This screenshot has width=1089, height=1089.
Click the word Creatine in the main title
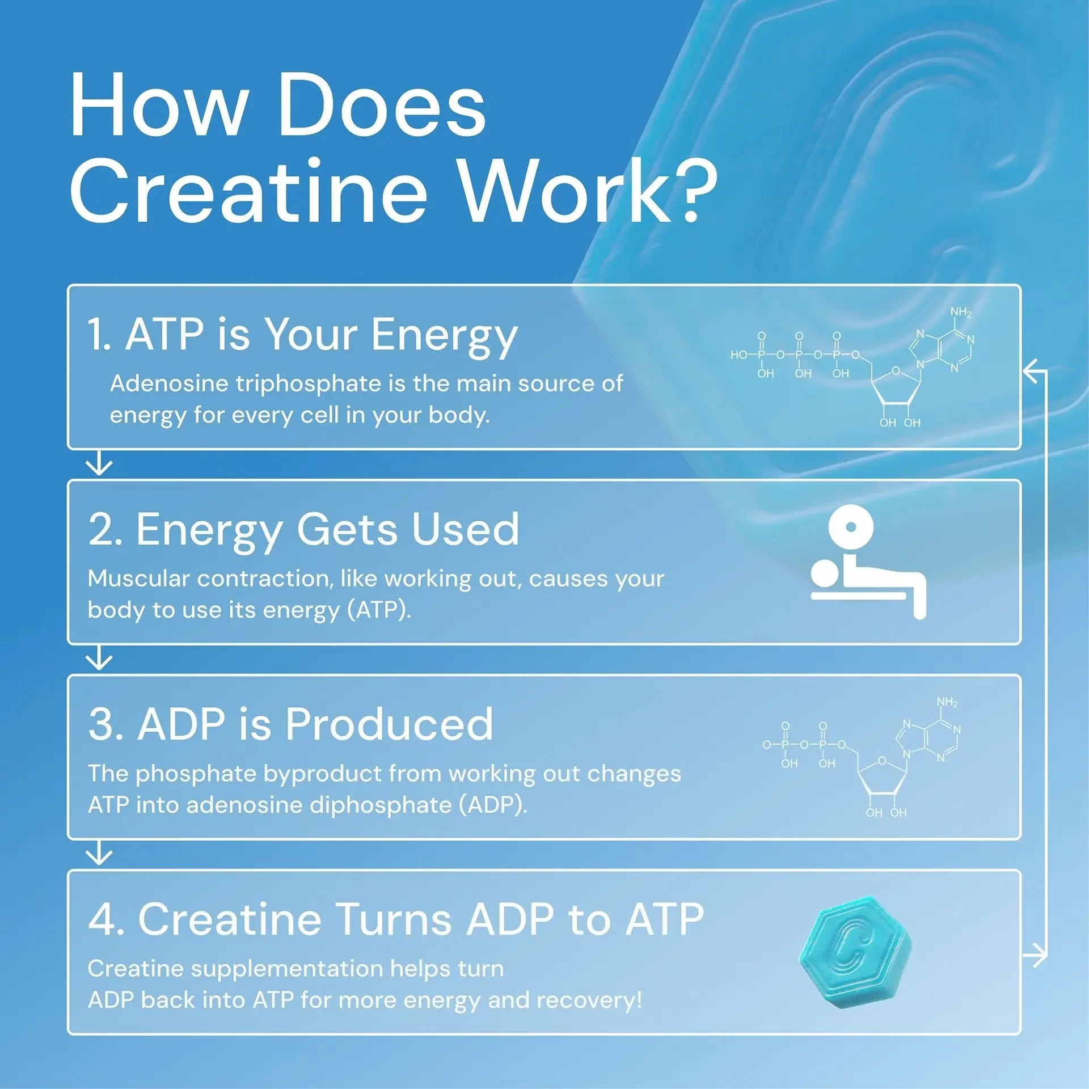(248, 190)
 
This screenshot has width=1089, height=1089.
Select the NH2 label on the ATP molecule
(961, 313)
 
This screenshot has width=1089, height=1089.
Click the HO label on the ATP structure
(739, 355)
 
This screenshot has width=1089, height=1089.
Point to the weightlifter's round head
(825, 572)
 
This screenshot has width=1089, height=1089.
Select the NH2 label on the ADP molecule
(947, 702)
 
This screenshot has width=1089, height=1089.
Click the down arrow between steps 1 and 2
(99, 464)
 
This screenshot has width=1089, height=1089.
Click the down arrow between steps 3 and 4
(99, 854)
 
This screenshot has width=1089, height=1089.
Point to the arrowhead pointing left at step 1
(1031, 371)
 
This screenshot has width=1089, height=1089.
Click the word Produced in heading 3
(389, 724)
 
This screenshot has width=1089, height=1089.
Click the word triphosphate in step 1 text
(308, 383)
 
